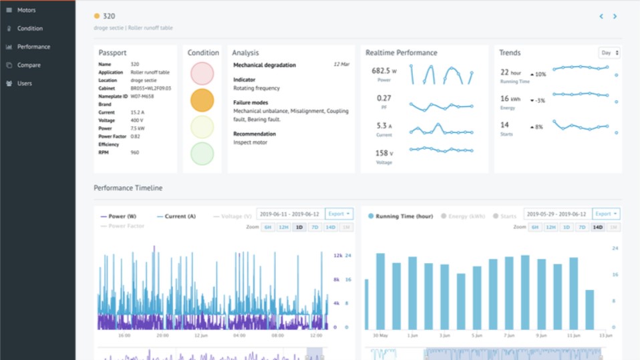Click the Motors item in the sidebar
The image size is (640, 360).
tap(26, 10)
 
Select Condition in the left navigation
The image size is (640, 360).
tap(29, 29)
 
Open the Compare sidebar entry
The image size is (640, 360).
tap(29, 65)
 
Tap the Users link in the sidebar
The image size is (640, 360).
tap(25, 83)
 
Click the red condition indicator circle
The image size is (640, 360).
tap(202, 73)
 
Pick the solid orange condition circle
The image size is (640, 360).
tap(202, 100)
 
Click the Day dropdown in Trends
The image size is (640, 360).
tap(609, 53)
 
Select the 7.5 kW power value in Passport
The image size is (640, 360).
tap(138, 128)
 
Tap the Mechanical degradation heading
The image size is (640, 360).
tap(265, 65)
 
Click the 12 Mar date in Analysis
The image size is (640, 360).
tap(341, 65)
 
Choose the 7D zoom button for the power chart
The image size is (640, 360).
tap(314, 227)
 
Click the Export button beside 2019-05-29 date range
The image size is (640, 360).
tap(606, 214)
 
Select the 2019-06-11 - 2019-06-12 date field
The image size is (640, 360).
tap(290, 214)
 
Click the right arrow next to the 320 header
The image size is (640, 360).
tap(615, 16)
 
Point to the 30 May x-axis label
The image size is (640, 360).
tap(379, 335)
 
